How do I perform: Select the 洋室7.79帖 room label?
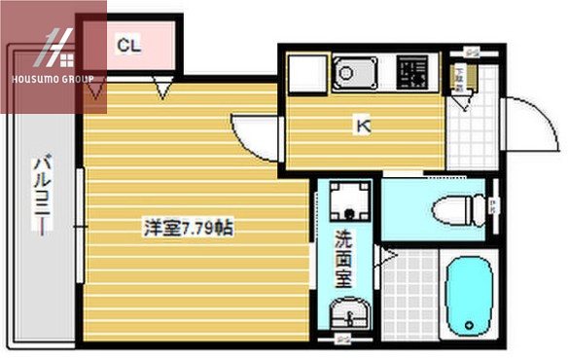(188, 229)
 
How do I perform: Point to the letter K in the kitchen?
(361, 125)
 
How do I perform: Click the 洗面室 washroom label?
(343, 260)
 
